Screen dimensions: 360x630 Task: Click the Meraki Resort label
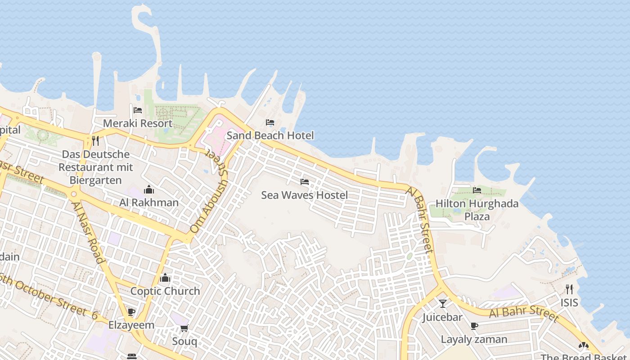(x=138, y=123)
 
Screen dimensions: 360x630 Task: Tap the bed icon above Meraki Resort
(x=138, y=110)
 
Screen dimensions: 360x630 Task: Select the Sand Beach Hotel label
(x=270, y=135)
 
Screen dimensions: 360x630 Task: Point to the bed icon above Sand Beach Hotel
(x=270, y=122)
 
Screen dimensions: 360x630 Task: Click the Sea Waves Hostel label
(x=305, y=195)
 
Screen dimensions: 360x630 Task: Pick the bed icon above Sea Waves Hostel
(x=305, y=182)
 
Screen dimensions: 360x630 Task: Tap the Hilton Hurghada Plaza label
(x=477, y=210)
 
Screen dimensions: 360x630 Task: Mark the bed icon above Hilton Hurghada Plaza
(x=477, y=190)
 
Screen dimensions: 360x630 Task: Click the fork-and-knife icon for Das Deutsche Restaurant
(x=95, y=141)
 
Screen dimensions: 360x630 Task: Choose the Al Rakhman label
(x=149, y=202)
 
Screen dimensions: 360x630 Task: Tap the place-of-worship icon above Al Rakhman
(x=149, y=189)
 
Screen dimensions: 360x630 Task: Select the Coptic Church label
(x=165, y=291)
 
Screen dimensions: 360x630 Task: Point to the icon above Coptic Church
(x=165, y=278)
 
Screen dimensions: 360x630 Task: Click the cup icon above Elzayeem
(x=131, y=312)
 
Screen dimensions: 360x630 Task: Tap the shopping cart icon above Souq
(x=184, y=328)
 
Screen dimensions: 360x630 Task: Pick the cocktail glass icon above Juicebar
(x=443, y=304)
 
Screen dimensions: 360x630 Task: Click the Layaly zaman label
(x=474, y=339)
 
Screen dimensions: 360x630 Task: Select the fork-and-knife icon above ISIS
(x=569, y=289)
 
